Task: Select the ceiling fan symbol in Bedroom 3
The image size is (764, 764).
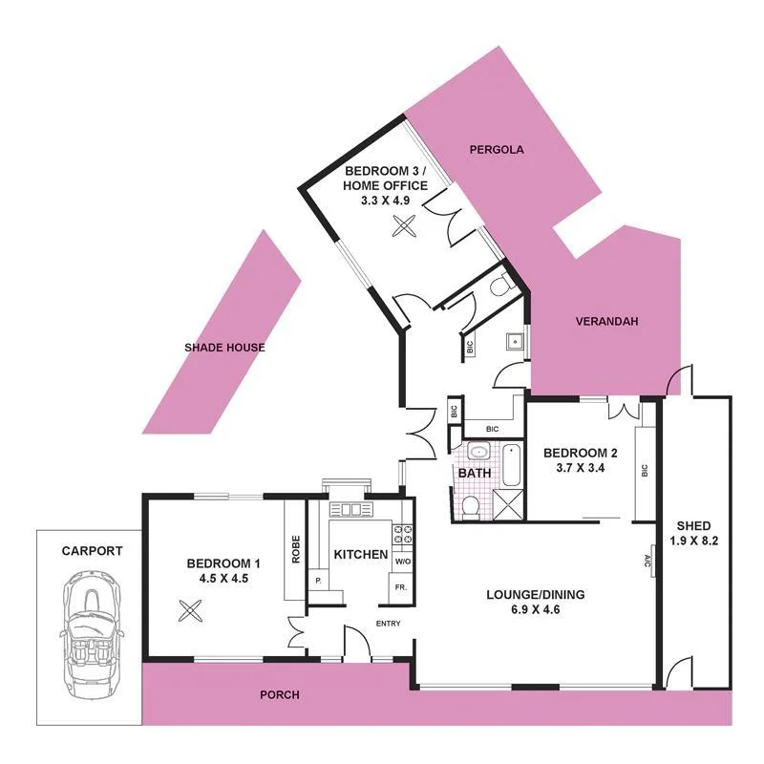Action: click(x=406, y=227)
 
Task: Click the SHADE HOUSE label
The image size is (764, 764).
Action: click(x=224, y=348)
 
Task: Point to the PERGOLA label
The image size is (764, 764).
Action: click(x=497, y=150)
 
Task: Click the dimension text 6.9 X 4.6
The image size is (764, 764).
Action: click(x=535, y=608)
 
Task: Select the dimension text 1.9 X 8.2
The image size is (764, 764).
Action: click(x=693, y=541)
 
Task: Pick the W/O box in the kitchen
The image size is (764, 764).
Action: click(x=402, y=561)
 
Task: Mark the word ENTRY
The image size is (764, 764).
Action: click(x=388, y=625)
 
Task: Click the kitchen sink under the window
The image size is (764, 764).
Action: click(x=349, y=510)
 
